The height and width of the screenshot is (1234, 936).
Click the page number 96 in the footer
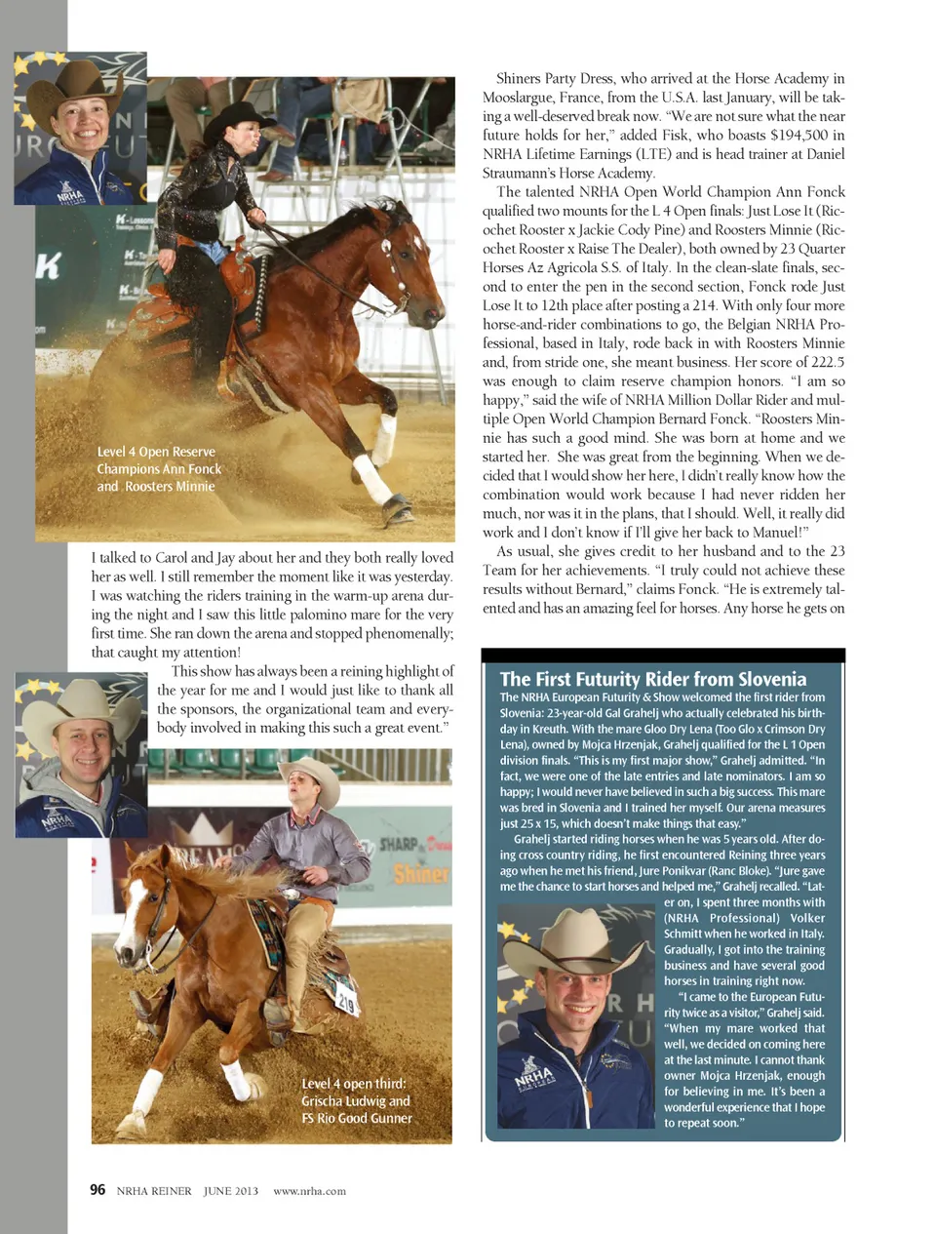coord(97,1189)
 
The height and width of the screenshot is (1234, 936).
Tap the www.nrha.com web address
coord(309,1191)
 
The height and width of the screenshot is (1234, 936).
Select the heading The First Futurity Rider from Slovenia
coord(652,679)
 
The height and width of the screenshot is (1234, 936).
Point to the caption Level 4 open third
coord(356,1100)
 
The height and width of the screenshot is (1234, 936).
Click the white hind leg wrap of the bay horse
coord(372,479)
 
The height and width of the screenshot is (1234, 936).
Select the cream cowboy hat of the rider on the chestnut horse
coord(309,772)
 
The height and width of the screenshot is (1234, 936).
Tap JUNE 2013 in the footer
coord(231,1191)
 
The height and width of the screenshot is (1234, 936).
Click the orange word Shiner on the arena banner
coord(420,872)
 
